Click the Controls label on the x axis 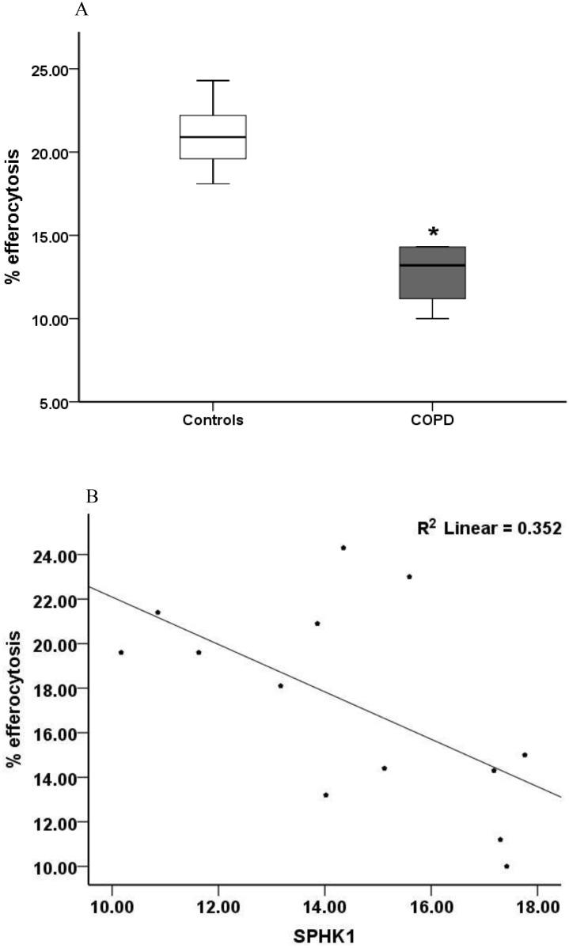(213, 420)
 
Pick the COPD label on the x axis (433, 420)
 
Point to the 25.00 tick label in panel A (48, 69)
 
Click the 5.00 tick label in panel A (51, 403)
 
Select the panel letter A (80, 10)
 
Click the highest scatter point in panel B (343, 548)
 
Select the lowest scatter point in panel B (506, 866)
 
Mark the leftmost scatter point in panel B (121, 652)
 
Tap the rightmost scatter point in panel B (525, 755)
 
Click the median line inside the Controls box (213, 137)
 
